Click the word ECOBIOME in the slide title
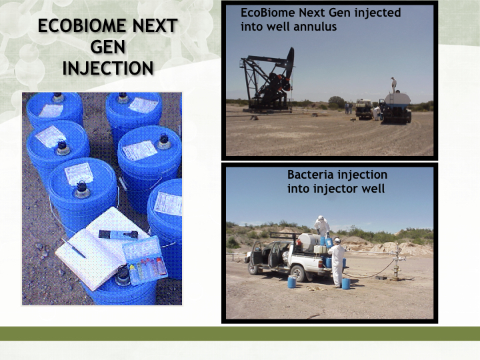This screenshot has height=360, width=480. click(82, 25)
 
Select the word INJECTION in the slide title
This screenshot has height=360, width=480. click(108, 68)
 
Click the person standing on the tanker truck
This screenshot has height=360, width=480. click(394, 85)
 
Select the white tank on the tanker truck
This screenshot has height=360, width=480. click(397, 99)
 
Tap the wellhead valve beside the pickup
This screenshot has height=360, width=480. click(397, 263)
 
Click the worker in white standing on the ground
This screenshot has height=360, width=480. click(337, 263)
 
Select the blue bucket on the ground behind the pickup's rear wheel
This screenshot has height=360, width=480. click(292, 282)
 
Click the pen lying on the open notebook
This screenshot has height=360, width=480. click(73, 248)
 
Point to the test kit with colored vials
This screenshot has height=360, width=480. click(145, 261)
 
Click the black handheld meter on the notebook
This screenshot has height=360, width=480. click(118, 235)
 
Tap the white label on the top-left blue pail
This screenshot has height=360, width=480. click(51, 110)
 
